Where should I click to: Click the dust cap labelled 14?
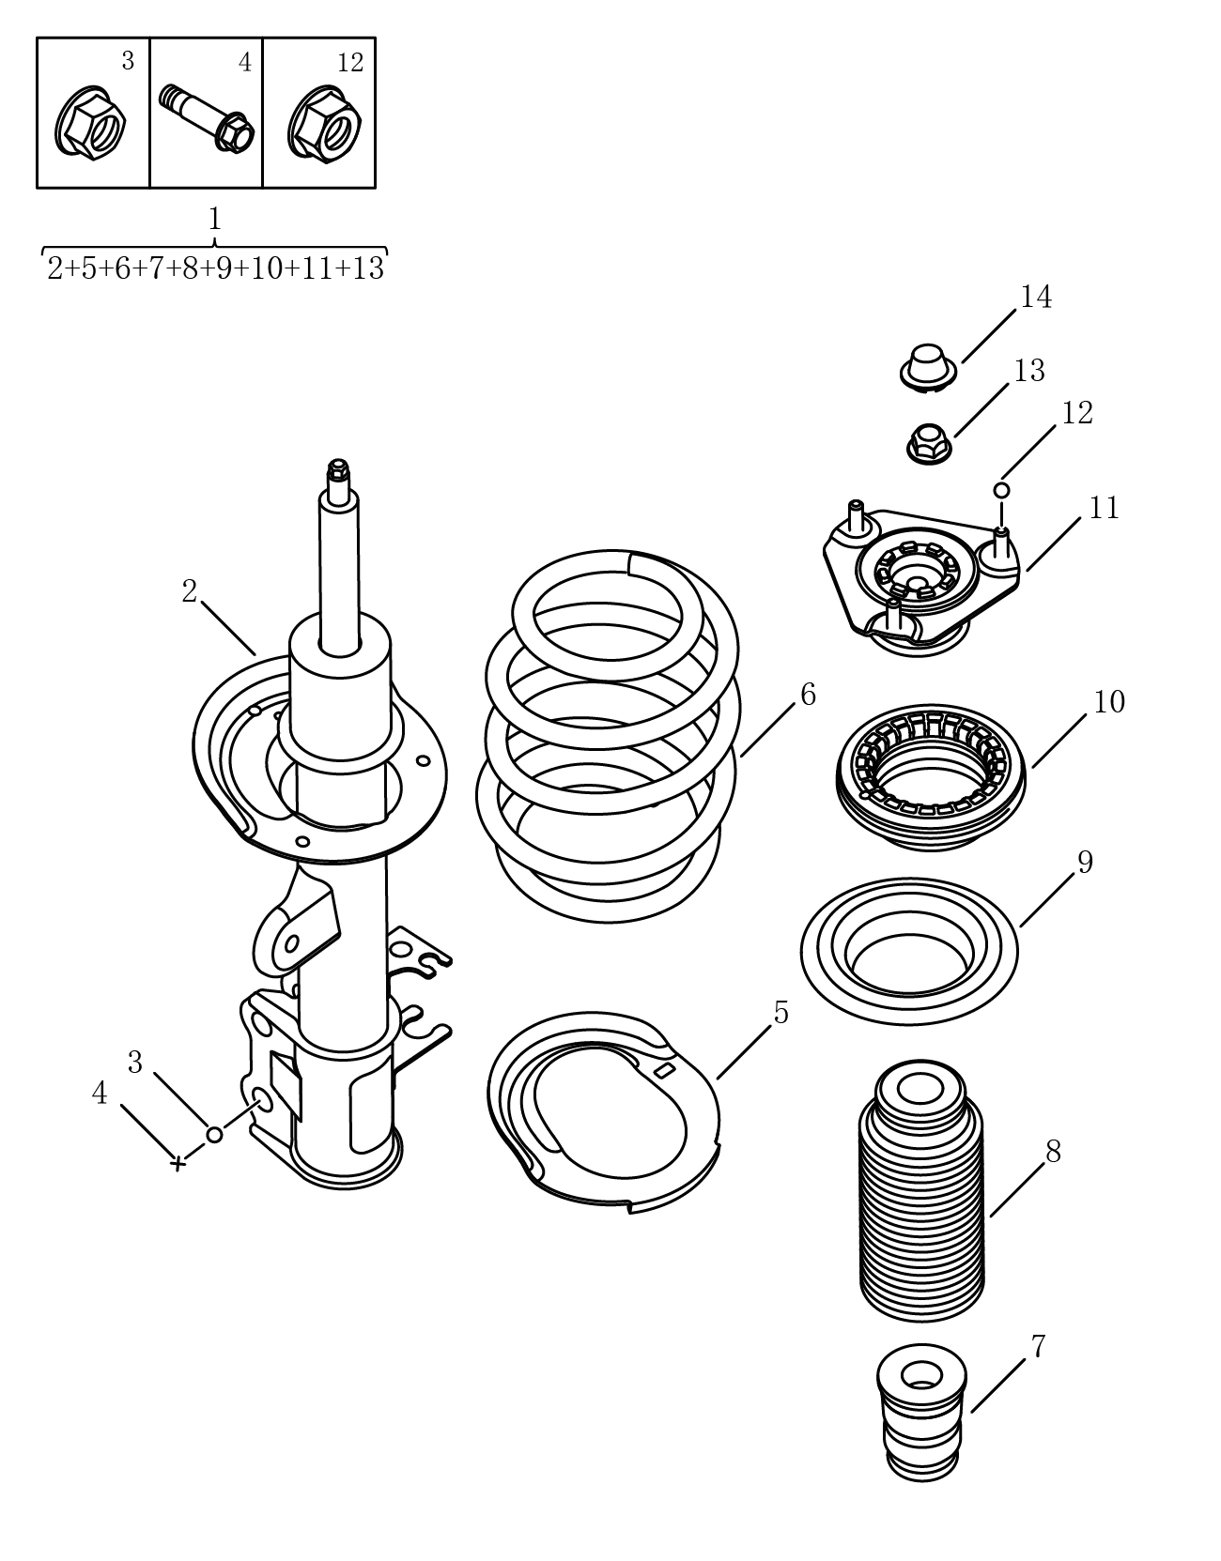(928, 369)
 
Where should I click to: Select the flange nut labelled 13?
(929, 443)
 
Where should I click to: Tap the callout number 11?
(1104, 509)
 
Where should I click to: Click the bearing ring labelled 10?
(932, 777)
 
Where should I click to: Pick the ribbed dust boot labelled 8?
(922, 1191)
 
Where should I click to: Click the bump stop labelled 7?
(922, 1412)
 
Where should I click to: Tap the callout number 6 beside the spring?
(808, 695)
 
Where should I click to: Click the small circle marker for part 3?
(214, 1134)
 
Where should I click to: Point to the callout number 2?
(189, 591)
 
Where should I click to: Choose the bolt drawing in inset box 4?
(207, 118)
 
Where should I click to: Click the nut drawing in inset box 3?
(90, 123)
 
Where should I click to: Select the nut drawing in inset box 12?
(324, 123)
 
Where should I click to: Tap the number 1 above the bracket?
(214, 219)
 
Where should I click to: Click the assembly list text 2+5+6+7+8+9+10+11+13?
(216, 268)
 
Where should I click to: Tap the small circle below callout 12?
(1002, 490)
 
